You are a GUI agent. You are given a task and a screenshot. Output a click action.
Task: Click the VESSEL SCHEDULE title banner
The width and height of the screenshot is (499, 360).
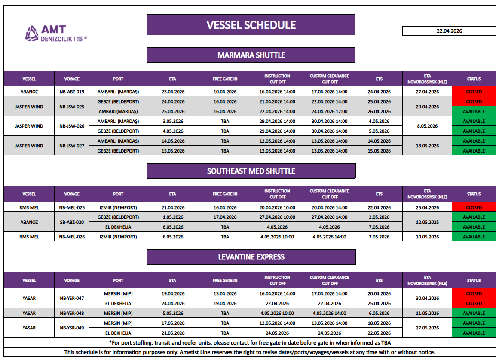[251, 25]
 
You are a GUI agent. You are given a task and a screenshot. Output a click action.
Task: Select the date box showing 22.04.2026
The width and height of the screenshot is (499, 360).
[449, 31]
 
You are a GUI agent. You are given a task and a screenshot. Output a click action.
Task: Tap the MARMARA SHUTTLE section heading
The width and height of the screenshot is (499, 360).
[251, 55]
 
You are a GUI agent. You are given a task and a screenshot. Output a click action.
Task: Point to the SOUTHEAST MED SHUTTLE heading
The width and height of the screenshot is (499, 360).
[251, 171]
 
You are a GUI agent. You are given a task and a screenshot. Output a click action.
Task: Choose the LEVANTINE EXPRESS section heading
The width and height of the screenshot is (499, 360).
[251, 257]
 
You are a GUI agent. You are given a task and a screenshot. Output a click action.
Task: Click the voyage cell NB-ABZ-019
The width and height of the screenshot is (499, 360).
[72, 92]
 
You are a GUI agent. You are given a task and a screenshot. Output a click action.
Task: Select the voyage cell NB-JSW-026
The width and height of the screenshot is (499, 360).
[72, 126]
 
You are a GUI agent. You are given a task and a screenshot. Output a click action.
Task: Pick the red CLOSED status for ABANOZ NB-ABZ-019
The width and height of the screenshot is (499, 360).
[474, 92]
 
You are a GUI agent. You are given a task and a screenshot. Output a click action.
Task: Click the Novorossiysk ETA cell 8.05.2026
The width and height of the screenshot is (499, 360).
[427, 126]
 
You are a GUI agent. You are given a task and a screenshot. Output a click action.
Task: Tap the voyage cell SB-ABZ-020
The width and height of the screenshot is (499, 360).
[72, 222]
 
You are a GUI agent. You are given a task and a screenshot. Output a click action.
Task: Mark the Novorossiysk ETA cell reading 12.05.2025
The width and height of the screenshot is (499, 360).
[427, 222]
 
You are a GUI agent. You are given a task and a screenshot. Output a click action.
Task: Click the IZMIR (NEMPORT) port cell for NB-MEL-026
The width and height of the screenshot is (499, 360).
[118, 237]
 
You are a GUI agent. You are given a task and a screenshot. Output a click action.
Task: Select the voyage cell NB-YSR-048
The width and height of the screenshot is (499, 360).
[72, 313]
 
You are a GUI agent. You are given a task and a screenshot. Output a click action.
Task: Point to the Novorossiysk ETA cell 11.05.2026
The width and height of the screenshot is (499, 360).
[427, 313]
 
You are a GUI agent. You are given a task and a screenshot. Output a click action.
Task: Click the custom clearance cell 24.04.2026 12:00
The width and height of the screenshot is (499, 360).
[330, 111]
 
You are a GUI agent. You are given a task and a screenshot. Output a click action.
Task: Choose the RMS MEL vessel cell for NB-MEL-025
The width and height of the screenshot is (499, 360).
[29, 207]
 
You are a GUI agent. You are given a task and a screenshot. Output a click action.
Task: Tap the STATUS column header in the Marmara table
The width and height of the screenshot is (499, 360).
[474, 79]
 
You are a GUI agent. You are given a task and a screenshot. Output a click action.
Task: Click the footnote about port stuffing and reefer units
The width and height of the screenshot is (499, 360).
[251, 342]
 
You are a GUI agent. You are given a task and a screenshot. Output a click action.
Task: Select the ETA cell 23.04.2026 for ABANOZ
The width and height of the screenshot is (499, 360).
[173, 92]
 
